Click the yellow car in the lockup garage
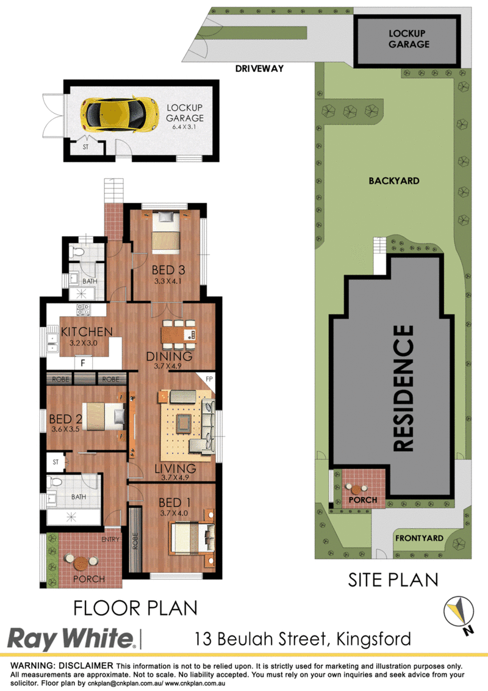pos(120,115)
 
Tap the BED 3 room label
pos(168,270)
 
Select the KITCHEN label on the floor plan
pos(87,331)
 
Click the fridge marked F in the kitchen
pos(83,363)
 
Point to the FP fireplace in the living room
pos(209,379)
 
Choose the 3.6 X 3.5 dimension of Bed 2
pos(66,429)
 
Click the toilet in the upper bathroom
pos(77,252)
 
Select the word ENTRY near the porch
pos(110,539)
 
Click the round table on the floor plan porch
pos(81,563)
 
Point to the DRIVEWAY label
pos(259,68)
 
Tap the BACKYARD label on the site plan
pos(393,181)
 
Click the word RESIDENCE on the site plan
pos(403,388)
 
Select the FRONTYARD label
pos(419,538)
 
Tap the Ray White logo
pos(71,639)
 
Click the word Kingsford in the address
pos(373,639)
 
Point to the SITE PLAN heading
pos(393,580)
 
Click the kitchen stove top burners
pos(83,310)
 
